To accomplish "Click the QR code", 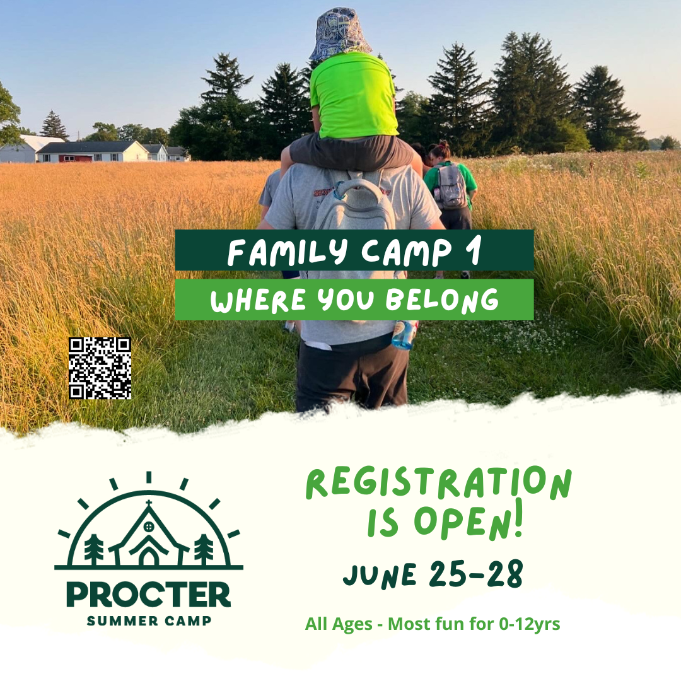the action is pyautogui.click(x=100, y=368).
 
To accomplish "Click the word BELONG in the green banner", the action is pyautogui.click(x=442, y=300).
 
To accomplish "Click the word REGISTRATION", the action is pyautogui.click(x=439, y=483).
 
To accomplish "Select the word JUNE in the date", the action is pyautogui.click(x=380, y=575).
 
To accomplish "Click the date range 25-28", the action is pyautogui.click(x=476, y=574).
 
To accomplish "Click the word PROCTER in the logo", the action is pyautogui.click(x=149, y=595).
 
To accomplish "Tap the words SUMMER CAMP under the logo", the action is pyautogui.click(x=149, y=620).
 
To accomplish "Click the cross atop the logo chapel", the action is pyautogui.click(x=149, y=504).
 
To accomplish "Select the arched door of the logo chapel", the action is pyautogui.click(x=149, y=557).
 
